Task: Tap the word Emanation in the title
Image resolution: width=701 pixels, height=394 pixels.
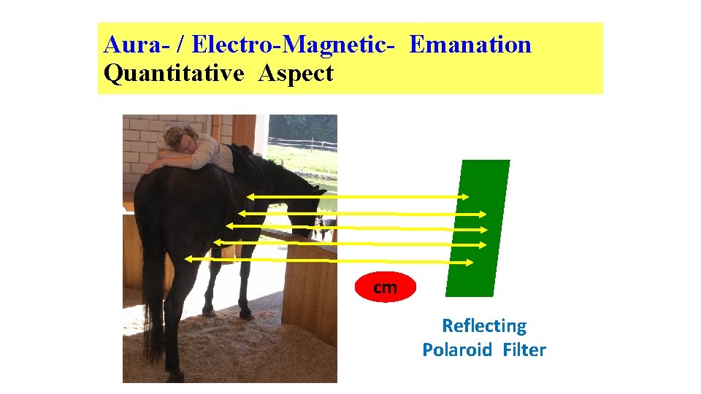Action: click(x=470, y=45)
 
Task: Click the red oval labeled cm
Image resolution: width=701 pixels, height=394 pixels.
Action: click(x=385, y=287)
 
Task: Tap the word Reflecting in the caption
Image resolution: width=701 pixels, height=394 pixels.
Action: click(x=483, y=325)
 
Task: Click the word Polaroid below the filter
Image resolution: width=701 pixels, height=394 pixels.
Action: click(x=457, y=350)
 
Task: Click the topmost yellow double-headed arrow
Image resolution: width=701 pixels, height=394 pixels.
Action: click(x=358, y=196)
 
